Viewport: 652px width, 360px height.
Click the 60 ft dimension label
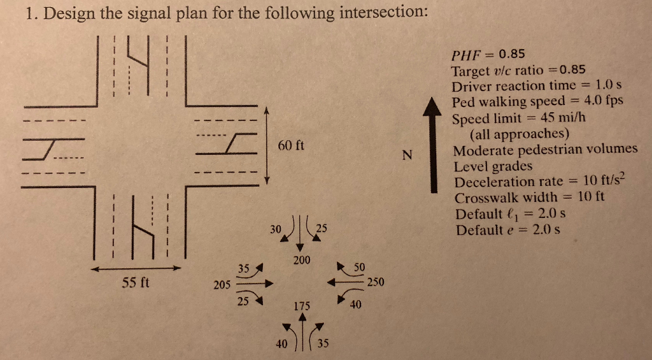tap(291, 145)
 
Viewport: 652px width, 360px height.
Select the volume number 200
tap(302, 260)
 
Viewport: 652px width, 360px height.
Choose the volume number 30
tap(274, 227)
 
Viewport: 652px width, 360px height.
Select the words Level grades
tap(493, 166)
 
